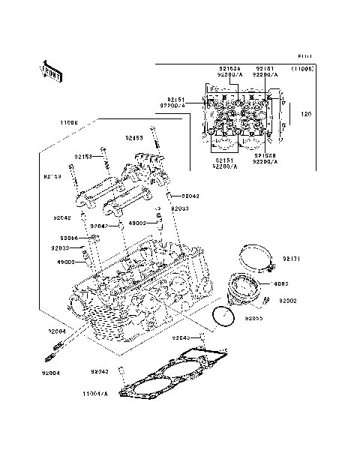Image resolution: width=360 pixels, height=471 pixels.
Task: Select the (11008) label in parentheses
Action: (302, 67)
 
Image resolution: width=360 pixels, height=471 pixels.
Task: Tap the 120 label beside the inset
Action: (306, 114)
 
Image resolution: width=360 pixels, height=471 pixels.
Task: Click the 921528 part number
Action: (265, 155)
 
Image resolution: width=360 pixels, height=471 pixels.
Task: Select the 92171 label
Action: (291, 259)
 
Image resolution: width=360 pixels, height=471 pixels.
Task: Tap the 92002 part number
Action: (289, 301)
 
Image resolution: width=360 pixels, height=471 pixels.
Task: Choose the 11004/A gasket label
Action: (95, 392)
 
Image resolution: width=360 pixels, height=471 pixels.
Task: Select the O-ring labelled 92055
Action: (223, 321)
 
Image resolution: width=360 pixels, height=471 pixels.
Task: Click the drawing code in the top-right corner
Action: (303, 56)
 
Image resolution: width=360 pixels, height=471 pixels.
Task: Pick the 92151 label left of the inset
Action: (175, 100)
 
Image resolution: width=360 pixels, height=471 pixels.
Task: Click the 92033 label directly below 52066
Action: (61, 247)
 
